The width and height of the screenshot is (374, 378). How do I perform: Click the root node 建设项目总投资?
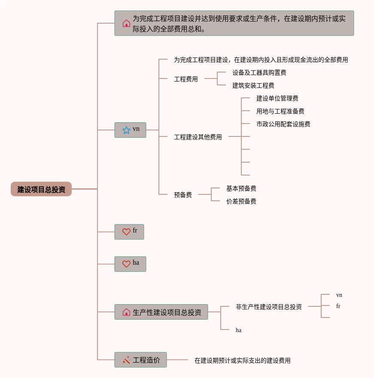pos(41,189)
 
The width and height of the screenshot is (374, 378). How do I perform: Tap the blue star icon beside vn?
pos(126,130)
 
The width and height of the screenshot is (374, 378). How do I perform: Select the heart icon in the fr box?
pos(126,232)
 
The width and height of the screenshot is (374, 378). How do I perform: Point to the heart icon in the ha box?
pos(126,264)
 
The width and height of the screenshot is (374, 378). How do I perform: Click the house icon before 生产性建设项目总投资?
pos(126,312)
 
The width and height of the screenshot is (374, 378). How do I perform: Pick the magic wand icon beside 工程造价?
pos(126,360)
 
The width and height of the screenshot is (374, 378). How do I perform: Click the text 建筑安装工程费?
pos(253,85)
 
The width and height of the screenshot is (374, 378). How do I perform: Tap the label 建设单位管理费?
pos(277,98)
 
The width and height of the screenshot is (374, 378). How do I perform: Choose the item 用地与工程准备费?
pos(280,111)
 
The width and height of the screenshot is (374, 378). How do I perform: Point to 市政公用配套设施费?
pos(283,124)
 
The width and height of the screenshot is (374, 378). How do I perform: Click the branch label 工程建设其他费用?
pos(198,137)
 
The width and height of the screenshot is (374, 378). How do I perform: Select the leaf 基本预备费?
pos(241,188)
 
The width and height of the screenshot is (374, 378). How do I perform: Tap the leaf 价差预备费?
pos(241,201)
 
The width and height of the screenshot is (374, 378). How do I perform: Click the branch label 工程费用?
pos(186,79)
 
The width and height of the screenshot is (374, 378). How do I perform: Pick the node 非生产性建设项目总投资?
pos(269,307)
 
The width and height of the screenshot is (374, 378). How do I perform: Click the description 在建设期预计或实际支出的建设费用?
pos(243,360)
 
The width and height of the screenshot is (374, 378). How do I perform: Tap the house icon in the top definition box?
pos(126,23)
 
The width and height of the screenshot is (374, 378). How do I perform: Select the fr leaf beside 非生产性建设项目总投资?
pos(338,306)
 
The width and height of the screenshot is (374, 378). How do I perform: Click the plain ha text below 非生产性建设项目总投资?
pos(238,330)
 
